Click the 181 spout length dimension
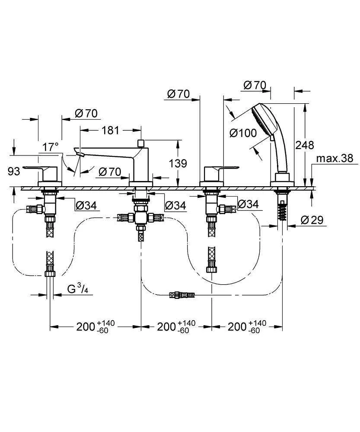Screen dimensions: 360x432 click(110, 130)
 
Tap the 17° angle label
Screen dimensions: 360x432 click(51, 147)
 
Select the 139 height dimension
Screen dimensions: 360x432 click(178, 163)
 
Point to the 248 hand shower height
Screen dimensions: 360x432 click(305, 145)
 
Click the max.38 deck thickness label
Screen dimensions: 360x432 click(335, 159)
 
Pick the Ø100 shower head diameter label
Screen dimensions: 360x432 click(243, 133)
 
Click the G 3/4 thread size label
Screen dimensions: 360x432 click(78, 289)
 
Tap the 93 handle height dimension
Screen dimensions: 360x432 click(14, 172)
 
